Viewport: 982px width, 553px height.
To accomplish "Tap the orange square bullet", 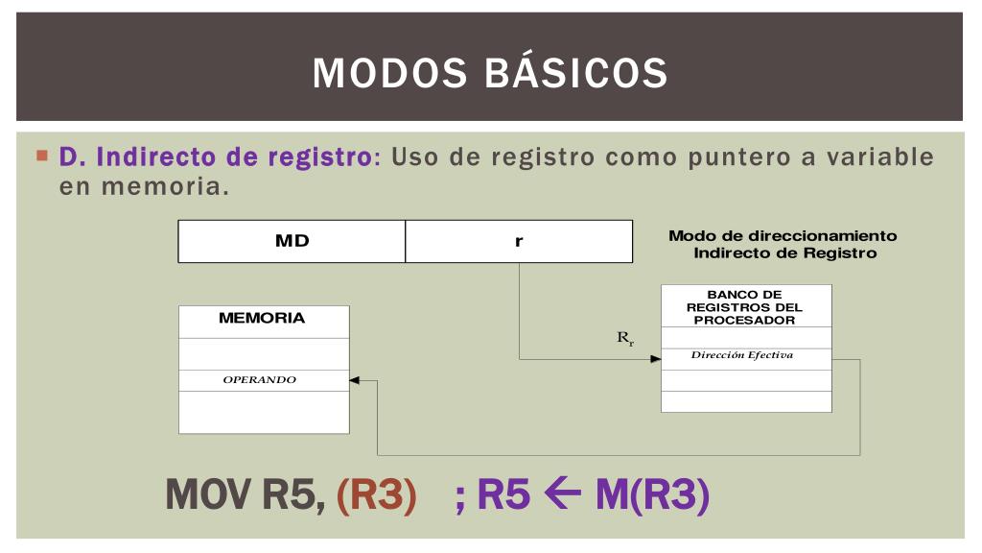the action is [x=42, y=155].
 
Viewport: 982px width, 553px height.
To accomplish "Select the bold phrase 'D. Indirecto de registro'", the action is [x=215, y=156].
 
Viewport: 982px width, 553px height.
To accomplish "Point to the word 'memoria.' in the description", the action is [x=144, y=186].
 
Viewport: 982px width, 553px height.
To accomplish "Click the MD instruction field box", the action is [x=292, y=241].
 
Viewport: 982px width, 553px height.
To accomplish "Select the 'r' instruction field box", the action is [x=519, y=241].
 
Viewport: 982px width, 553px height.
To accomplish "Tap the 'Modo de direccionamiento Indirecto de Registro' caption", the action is [x=783, y=244].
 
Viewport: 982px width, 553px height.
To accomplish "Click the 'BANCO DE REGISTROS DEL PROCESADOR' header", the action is [x=746, y=306].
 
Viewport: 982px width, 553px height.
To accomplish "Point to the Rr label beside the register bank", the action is [x=625, y=338].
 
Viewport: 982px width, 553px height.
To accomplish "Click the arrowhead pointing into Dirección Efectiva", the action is [x=656, y=360].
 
